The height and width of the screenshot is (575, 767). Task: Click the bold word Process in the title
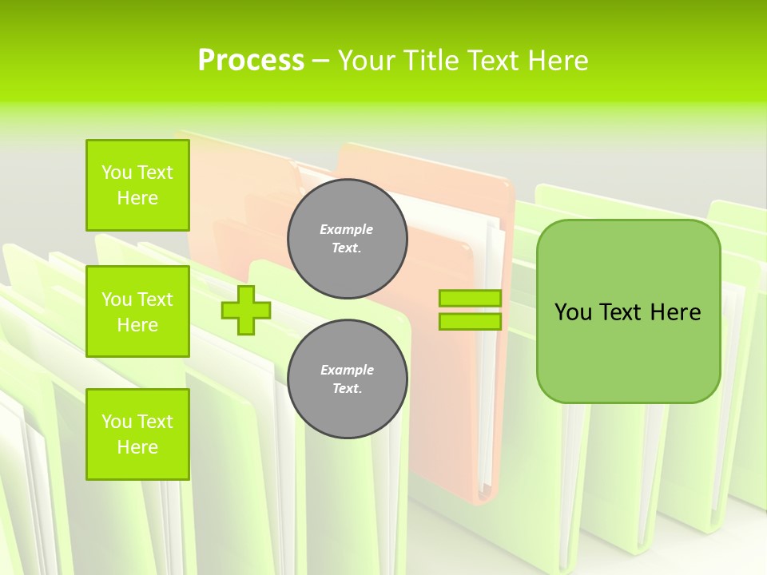click(x=251, y=61)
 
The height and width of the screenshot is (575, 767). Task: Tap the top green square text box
click(x=137, y=185)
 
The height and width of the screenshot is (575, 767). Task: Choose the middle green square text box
click(x=137, y=311)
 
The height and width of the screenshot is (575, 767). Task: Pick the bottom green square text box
click(x=137, y=434)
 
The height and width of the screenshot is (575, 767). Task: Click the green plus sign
click(x=246, y=310)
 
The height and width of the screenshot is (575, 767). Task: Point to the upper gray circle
click(x=347, y=239)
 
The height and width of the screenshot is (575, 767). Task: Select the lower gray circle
click(x=347, y=379)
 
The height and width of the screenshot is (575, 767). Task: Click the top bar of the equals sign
click(x=470, y=299)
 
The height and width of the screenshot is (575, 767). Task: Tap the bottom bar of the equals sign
click(x=470, y=321)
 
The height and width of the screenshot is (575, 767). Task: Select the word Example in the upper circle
click(x=347, y=229)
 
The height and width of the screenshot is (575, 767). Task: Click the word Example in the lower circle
click(x=347, y=370)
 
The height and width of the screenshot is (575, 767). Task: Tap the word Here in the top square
click(x=137, y=198)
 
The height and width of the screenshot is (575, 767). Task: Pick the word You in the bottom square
click(x=117, y=422)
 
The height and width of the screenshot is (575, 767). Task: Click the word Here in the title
click(x=556, y=61)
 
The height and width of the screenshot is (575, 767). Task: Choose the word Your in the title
click(x=367, y=61)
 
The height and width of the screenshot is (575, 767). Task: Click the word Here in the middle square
click(x=137, y=325)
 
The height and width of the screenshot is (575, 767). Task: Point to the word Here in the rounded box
click(x=675, y=312)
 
